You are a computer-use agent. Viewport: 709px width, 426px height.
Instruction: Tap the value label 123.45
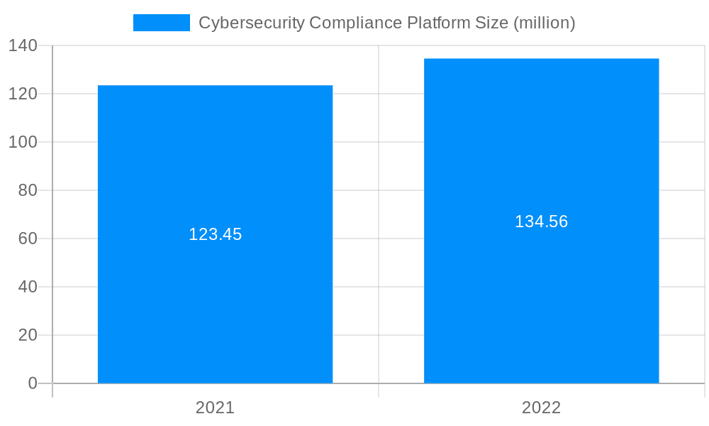pos(215,234)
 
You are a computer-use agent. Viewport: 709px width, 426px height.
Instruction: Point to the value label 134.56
pos(541,222)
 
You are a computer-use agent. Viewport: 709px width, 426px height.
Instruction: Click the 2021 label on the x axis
pos(215,408)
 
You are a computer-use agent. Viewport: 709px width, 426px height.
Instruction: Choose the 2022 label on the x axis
pos(541,408)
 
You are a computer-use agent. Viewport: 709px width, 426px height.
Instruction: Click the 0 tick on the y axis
pos(33,383)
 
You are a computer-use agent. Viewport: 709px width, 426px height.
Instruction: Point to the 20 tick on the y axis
pos(28,335)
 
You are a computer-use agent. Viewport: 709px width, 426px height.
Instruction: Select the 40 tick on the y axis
pos(28,287)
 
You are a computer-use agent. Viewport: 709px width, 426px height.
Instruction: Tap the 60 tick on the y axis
pos(28,239)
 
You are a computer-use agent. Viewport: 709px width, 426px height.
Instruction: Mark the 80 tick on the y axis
pos(28,190)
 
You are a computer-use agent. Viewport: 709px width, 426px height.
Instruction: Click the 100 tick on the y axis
pos(23,142)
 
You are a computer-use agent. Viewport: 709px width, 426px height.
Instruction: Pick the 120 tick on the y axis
pos(23,94)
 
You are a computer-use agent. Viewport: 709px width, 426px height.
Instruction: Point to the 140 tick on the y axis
pos(23,45)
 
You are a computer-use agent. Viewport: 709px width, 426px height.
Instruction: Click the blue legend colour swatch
pos(162,23)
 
